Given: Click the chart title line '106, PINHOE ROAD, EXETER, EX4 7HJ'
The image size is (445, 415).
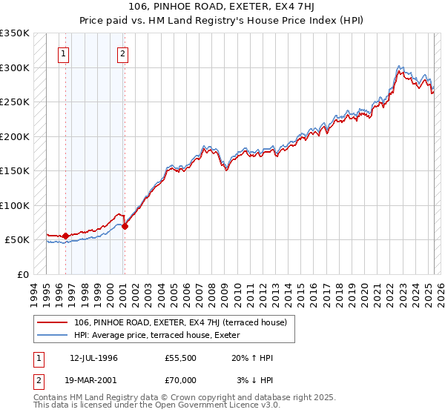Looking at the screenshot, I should tap(222, 8).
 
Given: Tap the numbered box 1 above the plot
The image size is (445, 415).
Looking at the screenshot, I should tap(65, 53).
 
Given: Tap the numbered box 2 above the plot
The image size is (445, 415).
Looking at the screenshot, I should tap(122, 53).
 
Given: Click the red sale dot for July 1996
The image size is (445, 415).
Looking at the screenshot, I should tap(65, 236).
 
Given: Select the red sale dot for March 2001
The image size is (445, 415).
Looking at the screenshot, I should tap(125, 226).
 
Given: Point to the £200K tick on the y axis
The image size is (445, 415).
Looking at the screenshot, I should tap(15, 136).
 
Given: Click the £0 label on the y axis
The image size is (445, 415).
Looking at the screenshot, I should tap(24, 274).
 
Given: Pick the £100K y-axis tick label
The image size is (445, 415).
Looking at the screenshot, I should tap(15, 205).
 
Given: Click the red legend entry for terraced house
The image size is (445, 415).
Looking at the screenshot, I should tap(185, 322).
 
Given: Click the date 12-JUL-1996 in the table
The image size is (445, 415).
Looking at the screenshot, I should tap(93, 358).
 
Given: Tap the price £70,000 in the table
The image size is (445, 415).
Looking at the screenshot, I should tap(181, 380).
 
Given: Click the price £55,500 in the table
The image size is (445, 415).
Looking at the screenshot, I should tap(181, 358).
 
